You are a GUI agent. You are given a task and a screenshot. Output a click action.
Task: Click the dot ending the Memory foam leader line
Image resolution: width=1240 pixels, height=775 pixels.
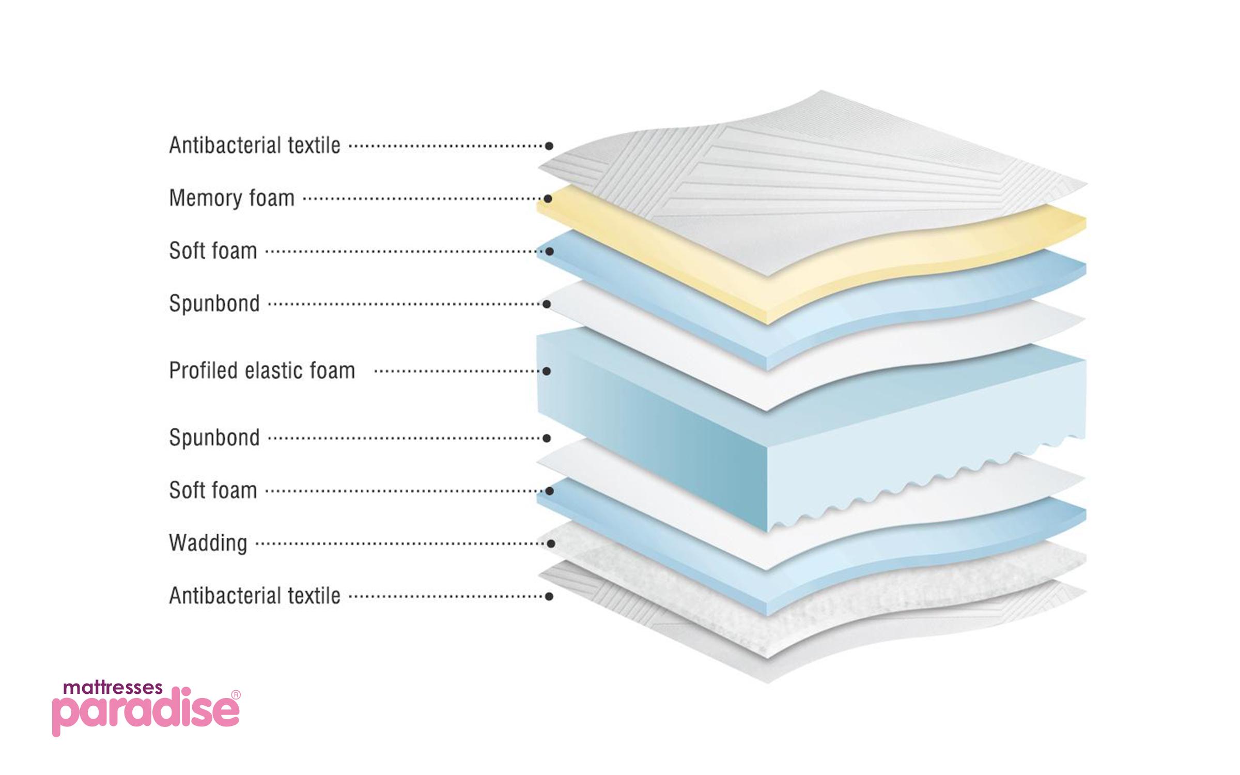click(548, 198)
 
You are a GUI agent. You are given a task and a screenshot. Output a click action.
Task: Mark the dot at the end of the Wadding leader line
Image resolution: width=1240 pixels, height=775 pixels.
click(551, 544)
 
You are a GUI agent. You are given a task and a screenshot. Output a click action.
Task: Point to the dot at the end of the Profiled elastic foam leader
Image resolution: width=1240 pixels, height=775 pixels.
click(546, 371)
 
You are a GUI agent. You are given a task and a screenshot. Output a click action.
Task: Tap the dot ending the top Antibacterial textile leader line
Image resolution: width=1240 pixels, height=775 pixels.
click(549, 146)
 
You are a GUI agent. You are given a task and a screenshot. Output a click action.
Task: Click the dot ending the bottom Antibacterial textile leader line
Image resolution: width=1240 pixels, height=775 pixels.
click(549, 596)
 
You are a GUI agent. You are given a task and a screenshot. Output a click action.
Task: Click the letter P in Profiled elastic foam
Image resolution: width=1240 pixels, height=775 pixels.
click(175, 370)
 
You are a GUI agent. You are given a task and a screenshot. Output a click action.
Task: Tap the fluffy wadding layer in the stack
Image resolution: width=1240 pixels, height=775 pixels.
click(811, 589)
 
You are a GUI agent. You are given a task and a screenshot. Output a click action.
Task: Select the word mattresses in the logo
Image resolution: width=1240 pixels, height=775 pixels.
click(113, 688)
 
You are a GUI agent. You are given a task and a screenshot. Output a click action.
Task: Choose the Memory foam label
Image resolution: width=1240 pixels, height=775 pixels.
click(231, 198)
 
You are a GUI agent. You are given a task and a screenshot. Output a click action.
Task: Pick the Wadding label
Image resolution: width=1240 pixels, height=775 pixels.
click(208, 544)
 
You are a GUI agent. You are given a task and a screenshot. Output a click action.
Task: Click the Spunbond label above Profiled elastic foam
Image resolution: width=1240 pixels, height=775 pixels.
click(214, 304)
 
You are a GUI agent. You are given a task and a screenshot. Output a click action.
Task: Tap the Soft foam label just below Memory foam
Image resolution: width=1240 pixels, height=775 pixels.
click(213, 251)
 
